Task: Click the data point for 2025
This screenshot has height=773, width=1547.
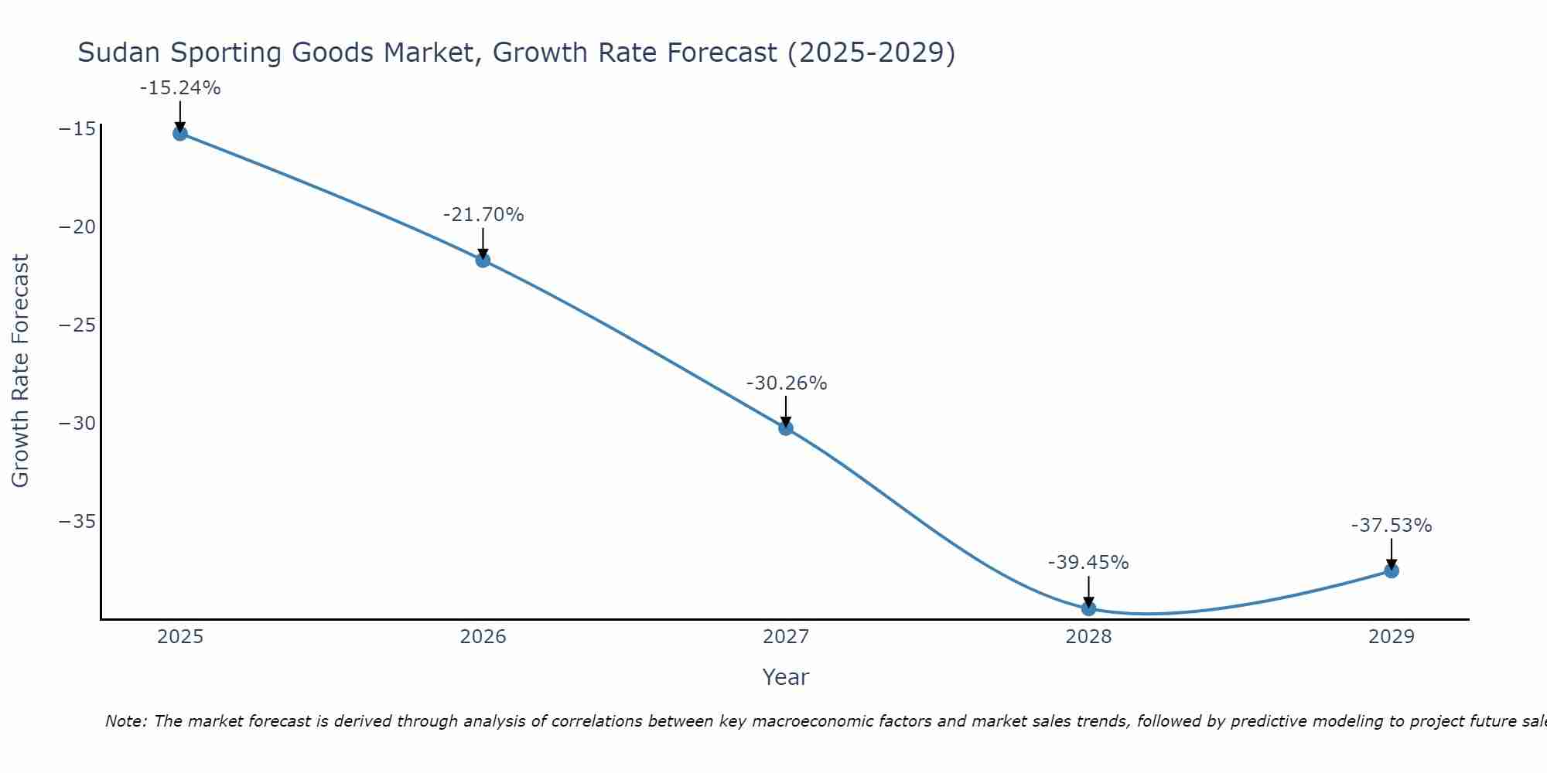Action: coord(180,133)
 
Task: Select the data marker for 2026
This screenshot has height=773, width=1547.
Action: coord(483,260)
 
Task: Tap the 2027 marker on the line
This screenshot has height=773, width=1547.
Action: coord(786,427)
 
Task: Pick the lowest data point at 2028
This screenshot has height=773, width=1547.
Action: coord(1088,608)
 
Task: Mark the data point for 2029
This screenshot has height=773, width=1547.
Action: coord(1392,570)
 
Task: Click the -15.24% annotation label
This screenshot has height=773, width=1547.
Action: coord(180,88)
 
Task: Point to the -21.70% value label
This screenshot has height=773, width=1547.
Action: coord(483,215)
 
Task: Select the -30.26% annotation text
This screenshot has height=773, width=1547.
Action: coord(787,383)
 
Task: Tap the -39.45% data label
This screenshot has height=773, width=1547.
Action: coord(1088,563)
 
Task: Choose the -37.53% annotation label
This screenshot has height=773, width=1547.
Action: coord(1392,526)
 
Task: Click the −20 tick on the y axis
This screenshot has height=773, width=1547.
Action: coord(77,227)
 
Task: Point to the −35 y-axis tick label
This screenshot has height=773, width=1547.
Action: coord(77,522)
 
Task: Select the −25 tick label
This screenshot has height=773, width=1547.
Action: coord(77,325)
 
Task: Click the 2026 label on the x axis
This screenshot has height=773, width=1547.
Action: coord(483,637)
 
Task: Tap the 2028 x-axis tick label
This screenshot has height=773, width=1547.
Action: coord(1088,637)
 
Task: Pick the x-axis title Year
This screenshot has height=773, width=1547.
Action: coord(785,677)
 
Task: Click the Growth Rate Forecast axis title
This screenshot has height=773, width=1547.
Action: coord(21,370)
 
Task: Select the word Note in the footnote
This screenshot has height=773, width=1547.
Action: coord(125,721)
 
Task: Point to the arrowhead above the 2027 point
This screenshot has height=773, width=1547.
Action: coord(786,421)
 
